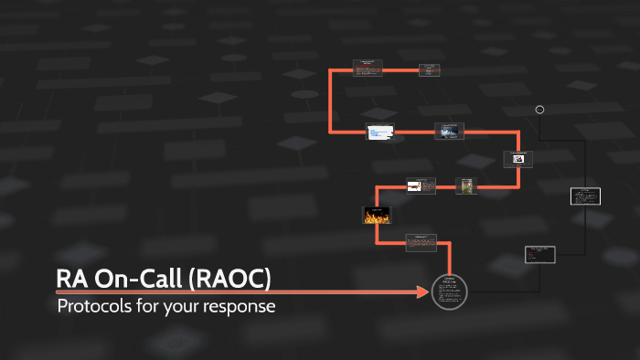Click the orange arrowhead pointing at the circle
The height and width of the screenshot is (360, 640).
point(421,292)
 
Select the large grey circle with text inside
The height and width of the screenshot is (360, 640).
point(449,292)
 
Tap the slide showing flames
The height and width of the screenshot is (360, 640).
point(377,216)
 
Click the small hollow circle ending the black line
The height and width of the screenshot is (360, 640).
point(539,110)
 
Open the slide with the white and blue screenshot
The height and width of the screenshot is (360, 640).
point(379,132)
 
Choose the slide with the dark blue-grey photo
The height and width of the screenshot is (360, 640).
point(448,132)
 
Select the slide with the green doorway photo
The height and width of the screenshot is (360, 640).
point(466,185)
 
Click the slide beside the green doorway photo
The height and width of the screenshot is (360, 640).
point(421,185)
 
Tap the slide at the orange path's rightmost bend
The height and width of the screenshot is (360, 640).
point(517,159)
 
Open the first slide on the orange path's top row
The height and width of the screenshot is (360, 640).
point(367,69)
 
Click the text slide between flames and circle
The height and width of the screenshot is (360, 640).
point(421,242)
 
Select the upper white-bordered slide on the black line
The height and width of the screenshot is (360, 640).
point(585,196)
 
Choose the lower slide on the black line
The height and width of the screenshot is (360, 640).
point(539,255)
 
